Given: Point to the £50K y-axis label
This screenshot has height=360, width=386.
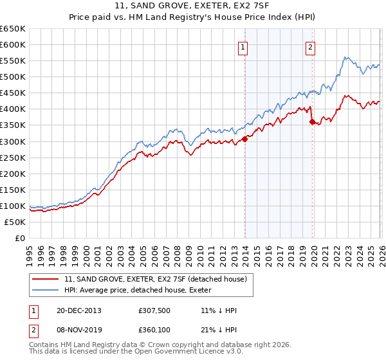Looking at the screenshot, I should tap(15, 222).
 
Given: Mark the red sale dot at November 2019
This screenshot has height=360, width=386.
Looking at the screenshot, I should tap(312, 122).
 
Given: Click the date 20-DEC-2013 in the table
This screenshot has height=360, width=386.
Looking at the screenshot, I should tap(80, 310).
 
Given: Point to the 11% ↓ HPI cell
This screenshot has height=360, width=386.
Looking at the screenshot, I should tap(219, 310).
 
